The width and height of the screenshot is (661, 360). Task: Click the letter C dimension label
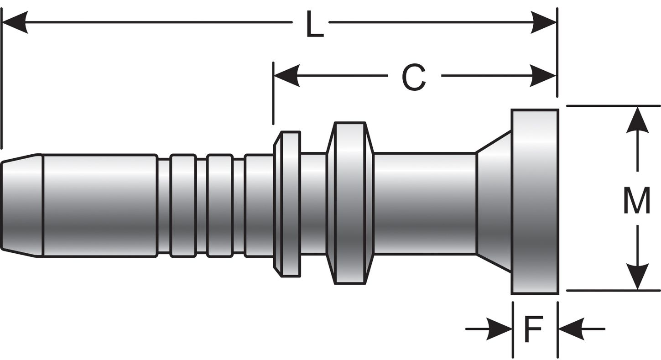coord(414,77)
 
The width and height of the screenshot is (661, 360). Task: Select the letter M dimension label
coord(636,201)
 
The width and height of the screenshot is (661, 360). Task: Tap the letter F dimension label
coord(533,329)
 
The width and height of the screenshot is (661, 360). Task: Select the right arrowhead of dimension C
coord(543,75)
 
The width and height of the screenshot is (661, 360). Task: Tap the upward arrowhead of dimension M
coord(637,120)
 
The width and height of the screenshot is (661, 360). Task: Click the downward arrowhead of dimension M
coord(637,277)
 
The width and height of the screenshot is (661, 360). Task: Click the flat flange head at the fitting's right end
coord(535,202)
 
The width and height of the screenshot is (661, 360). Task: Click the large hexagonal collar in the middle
coord(350,203)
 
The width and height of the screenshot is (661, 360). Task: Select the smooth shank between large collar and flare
coord(424,203)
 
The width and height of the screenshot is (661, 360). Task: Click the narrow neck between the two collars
coord(313,203)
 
